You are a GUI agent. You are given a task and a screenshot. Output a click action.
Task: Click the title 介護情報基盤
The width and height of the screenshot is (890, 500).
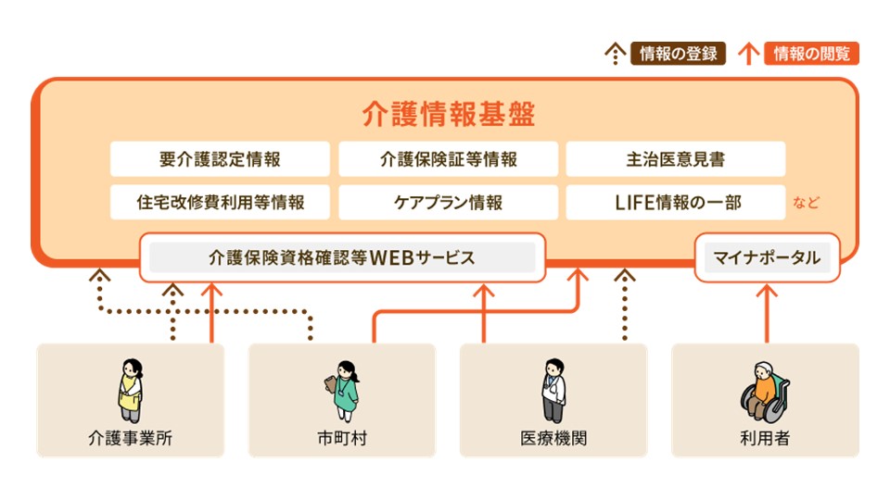[x=449, y=114]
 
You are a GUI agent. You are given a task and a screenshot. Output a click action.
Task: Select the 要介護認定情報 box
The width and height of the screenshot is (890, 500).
[x=220, y=159]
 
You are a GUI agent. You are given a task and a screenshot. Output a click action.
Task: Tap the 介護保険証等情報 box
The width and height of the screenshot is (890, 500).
[x=448, y=159]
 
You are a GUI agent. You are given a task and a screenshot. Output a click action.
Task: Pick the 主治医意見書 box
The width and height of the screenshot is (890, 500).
[x=675, y=159]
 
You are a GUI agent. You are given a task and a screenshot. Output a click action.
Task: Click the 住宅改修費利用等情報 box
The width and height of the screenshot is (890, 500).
[x=220, y=202]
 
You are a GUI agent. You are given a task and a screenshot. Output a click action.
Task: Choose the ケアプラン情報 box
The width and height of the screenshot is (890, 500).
[x=448, y=202]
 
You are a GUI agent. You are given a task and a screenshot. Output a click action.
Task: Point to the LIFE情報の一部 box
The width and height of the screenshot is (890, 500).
[x=675, y=202]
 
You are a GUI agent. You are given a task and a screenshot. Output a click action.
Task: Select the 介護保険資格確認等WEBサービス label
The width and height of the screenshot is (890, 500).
[x=342, y=257]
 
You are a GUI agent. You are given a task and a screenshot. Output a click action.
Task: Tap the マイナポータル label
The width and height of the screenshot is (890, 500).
[x=767, y=257]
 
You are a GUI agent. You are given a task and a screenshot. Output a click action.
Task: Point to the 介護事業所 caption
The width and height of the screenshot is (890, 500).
[x=130, y=438]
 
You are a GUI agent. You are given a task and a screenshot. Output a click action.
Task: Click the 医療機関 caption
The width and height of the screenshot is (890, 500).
[x=553, y=438]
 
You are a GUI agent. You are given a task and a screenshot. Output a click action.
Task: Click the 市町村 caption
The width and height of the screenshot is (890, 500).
[x=341, y=438]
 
